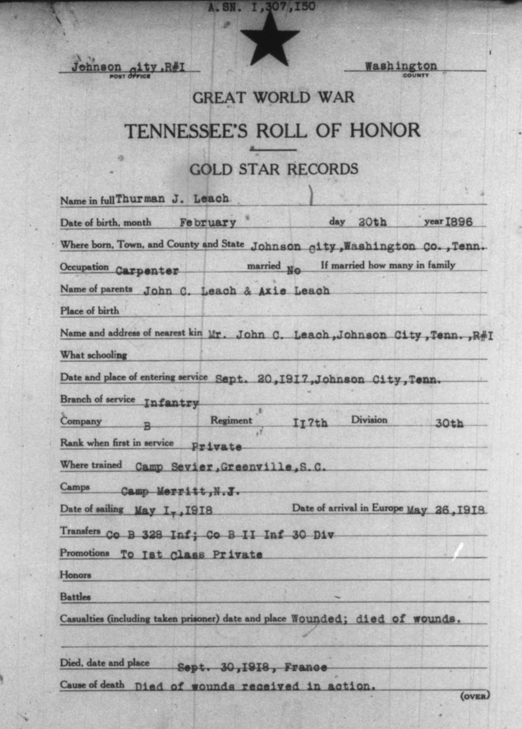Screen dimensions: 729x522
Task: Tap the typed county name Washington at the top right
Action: pos(401,66)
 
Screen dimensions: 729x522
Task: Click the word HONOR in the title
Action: pos(385,131)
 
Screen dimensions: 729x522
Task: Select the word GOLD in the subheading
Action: pos(211,169)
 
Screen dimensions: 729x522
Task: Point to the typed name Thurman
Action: pos(140,199)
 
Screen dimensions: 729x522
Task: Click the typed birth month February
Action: pos(207,223)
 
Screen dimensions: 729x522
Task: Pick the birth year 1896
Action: pos(459,222)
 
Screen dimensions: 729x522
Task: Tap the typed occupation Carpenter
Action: pos(147,271)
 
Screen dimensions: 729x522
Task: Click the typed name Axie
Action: pos(272,291)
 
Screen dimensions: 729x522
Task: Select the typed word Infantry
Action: pos(171,403)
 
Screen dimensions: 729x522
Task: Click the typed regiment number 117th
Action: pos(310,423)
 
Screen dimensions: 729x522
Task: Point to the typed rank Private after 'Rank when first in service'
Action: pos(216,447)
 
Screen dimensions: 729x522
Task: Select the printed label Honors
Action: pos(75,575)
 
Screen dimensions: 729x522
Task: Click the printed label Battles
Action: pos(75,597)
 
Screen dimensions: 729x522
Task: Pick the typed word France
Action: pos(305,667)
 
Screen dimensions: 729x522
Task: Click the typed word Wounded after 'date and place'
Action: pos(316,619)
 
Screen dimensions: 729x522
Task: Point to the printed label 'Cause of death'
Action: pos(92,685)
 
